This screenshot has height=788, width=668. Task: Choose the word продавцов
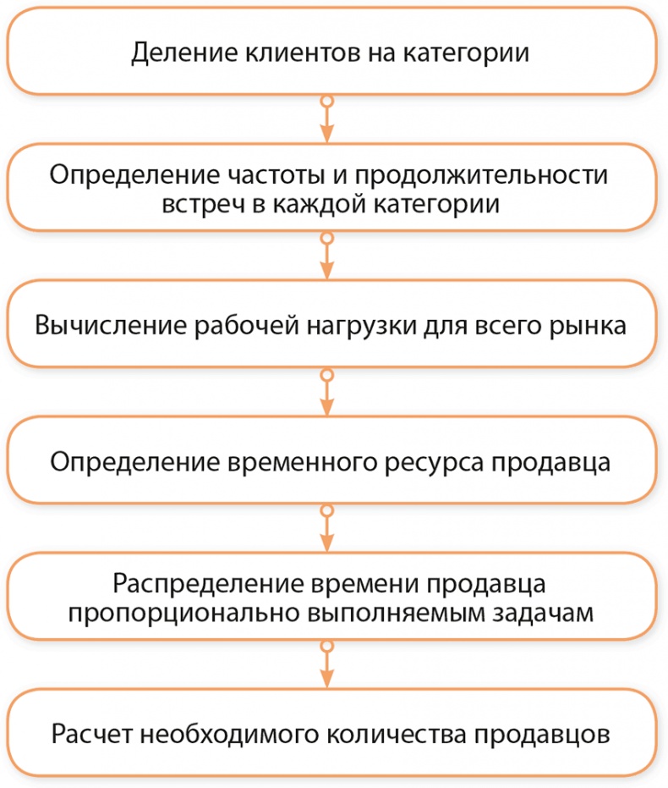click(x=536, y=733)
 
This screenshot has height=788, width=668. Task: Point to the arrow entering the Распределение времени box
click(x=326, y=530)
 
